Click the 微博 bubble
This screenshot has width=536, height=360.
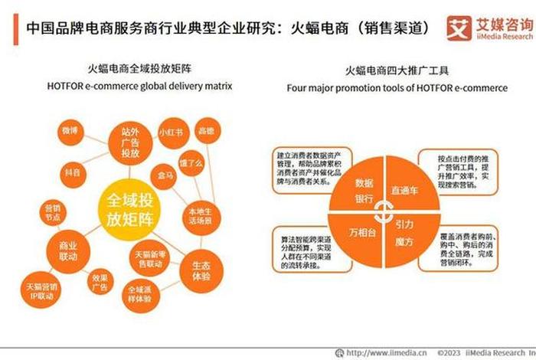(70, 131)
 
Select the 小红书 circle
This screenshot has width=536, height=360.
(170, 132)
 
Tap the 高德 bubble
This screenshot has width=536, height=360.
(206, 130)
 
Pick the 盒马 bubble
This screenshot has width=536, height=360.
(165, 175)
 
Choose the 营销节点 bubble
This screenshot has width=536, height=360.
(53, 213)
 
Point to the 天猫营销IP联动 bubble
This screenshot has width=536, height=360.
(39, 290)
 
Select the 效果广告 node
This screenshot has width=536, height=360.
(100, 283)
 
